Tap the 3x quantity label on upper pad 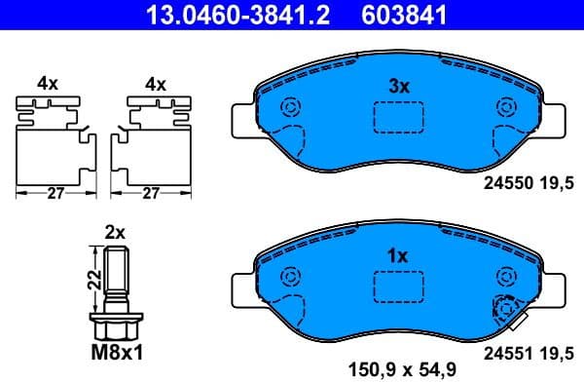(399, 86)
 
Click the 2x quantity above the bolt (115, 232)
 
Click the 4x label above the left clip (48, 84)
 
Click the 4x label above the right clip (154, 84)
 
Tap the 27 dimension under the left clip (55, 194)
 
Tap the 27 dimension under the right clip (151, 194)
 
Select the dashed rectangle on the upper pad (399, 116)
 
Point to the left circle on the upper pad (287, 109)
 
